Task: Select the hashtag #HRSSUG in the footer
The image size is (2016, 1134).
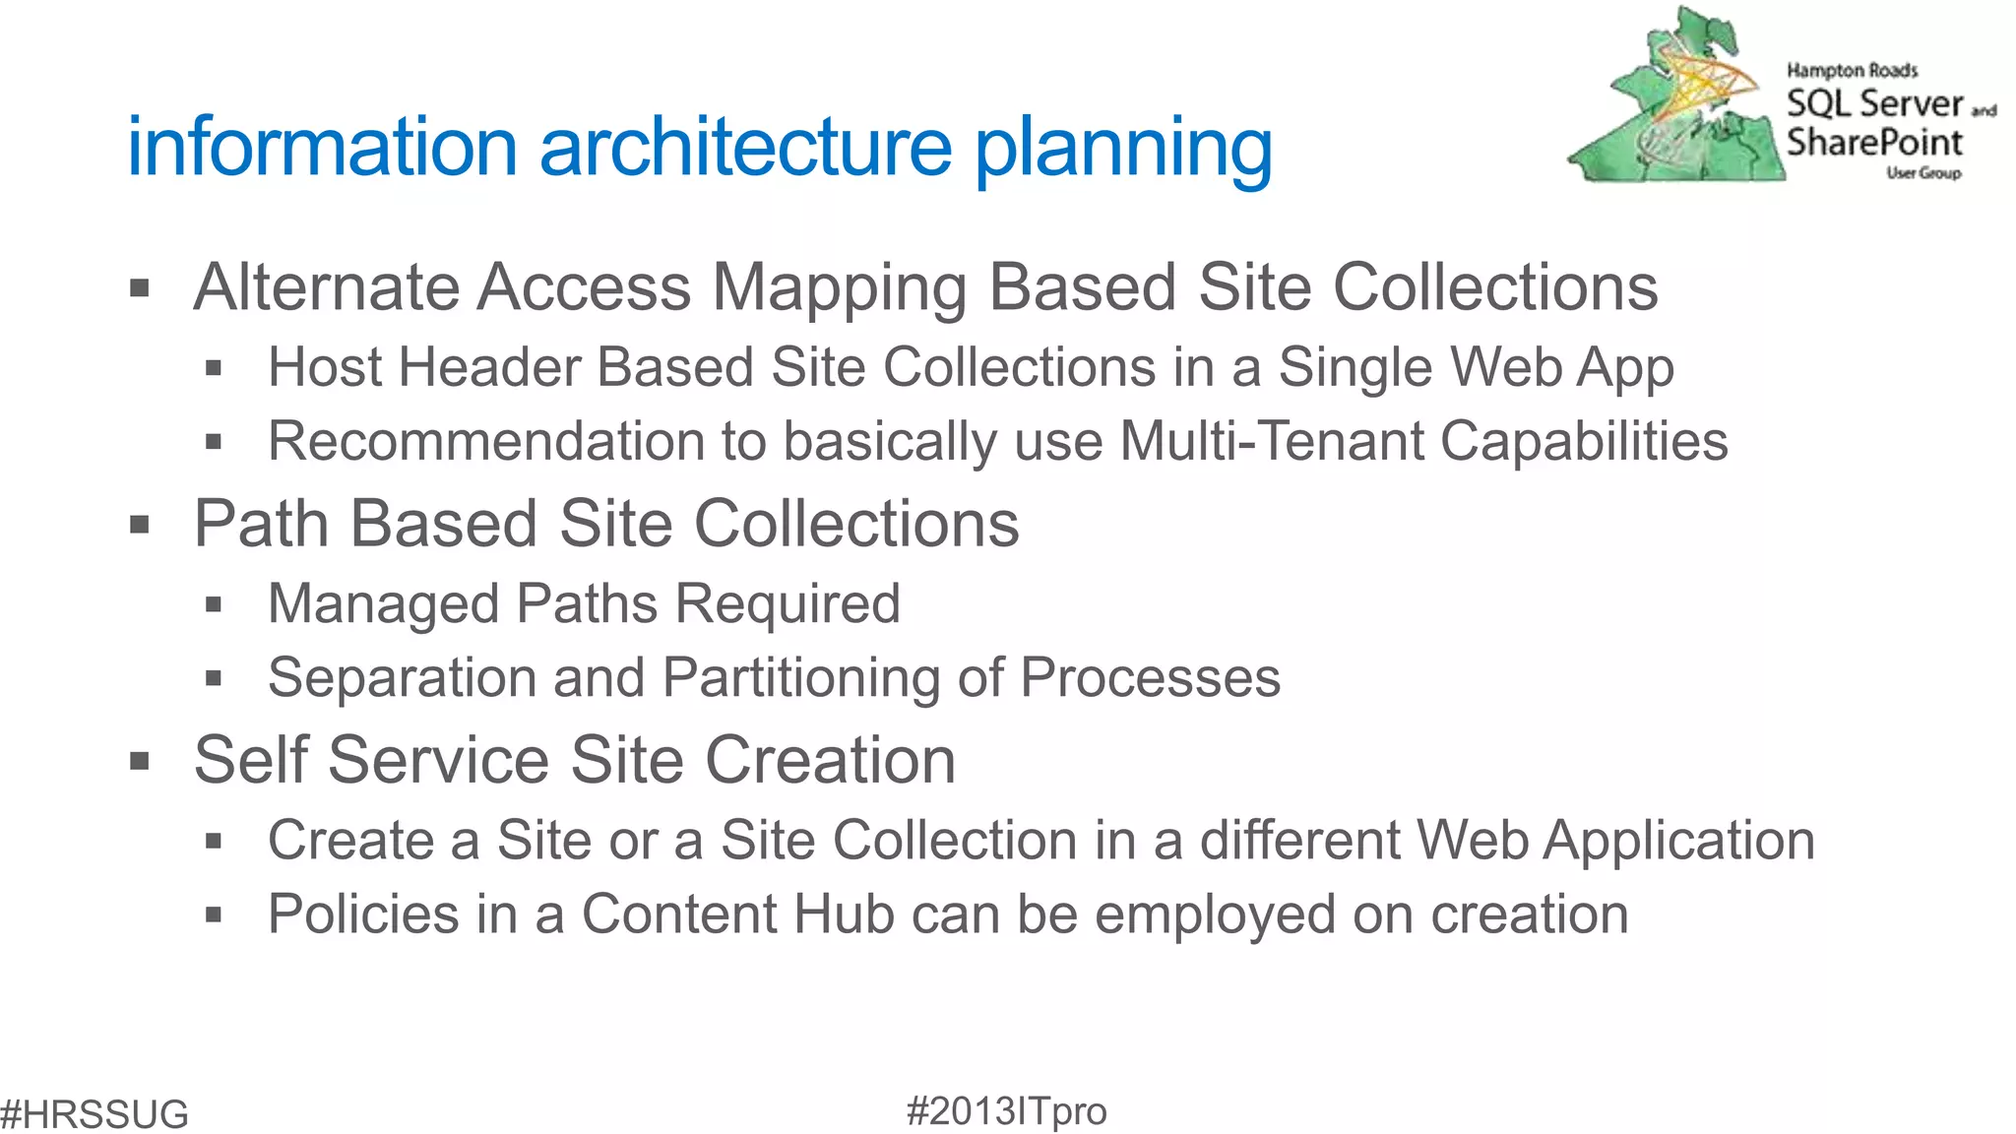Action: pyautogui.click(x=94, y=1114)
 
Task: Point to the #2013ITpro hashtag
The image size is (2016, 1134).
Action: pyautogui.click(x=1006, y=1111)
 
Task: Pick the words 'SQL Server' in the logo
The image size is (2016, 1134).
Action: pyautogui.click(x=1874, y=103)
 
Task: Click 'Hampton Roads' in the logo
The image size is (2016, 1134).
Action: pyautogui.click(x=1852, y=70)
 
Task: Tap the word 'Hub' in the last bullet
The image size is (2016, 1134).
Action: pyautogui.click(x=844, y=914)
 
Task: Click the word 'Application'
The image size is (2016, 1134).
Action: pyautogui.click(x=1678, y=842)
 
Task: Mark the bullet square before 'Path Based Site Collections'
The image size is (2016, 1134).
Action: pyautogui.click(x=140, y=525)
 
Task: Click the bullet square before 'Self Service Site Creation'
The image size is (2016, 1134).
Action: pyautogui.click(x=140, y=761)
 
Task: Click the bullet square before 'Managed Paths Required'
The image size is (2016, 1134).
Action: pyautogui.click(x=214, y=604)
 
